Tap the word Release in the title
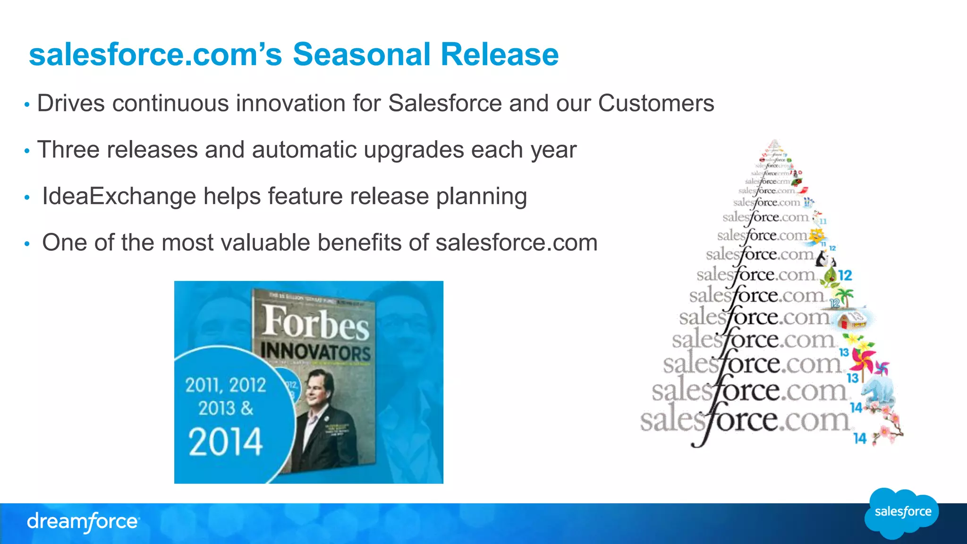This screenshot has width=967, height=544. (500, 54)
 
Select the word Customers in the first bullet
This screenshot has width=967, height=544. (656, 103)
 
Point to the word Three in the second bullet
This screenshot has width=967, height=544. (68, 150)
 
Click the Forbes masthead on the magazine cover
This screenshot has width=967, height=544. (315, 323)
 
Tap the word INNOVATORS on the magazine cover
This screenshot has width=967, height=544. (315, 352)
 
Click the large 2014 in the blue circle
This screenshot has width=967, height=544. (225, 442)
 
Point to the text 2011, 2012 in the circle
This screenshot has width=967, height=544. (225, 385)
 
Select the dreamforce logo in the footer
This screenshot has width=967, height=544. (83, 522)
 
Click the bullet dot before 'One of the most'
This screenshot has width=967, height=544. (27, 244)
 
